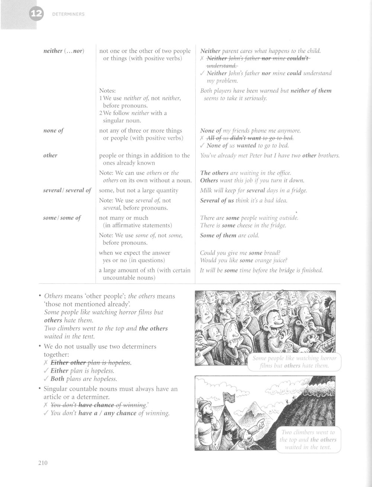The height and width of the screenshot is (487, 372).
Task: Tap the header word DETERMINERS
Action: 68,14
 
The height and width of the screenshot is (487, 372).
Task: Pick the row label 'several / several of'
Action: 67,190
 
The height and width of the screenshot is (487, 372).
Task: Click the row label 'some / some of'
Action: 62,218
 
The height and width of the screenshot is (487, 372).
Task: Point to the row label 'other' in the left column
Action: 50,155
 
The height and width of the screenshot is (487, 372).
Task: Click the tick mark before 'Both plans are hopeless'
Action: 46,379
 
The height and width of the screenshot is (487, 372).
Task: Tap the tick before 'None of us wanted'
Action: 202,146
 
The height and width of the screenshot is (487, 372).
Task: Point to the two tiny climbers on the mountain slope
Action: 288,401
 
